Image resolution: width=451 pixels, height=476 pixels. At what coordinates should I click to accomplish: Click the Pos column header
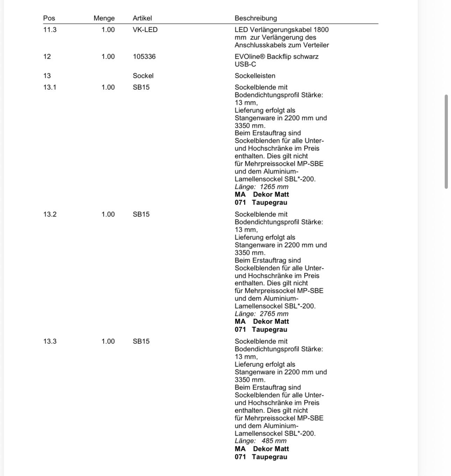point(49,18)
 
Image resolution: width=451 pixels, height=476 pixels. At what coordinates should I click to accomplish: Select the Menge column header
point(104,18)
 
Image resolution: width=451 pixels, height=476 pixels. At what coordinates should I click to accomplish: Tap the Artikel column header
point(142,18)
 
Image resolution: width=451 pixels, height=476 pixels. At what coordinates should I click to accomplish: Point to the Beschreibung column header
point(256,18)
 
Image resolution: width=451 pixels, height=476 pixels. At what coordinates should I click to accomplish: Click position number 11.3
point(50,30)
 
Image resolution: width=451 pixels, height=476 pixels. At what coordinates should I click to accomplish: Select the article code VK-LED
point(145,30)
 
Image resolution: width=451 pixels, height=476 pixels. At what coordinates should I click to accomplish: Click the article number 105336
point(144,57)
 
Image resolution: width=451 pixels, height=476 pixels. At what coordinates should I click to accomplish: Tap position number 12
point(47,57)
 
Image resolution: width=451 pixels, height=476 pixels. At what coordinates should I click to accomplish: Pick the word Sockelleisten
point(255,76)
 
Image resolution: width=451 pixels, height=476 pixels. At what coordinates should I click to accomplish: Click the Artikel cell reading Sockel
point(143,76)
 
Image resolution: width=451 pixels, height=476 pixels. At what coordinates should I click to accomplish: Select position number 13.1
point(50,87)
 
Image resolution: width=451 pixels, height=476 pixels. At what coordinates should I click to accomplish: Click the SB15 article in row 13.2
point(141,214)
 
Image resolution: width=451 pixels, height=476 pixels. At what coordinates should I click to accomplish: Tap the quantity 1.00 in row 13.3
point(108,341)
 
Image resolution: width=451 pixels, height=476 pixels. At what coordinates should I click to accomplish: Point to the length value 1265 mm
point(274,187)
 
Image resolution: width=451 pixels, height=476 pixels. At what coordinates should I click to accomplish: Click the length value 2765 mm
point(274,314)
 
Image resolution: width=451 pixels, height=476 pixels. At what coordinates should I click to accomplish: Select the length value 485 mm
point(274,441)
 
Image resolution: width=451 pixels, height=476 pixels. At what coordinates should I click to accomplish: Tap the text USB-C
point(245,64)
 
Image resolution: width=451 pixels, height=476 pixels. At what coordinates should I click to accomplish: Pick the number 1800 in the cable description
point(321,30)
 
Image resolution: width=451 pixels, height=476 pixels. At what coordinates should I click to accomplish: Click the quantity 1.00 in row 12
point(108,57)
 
